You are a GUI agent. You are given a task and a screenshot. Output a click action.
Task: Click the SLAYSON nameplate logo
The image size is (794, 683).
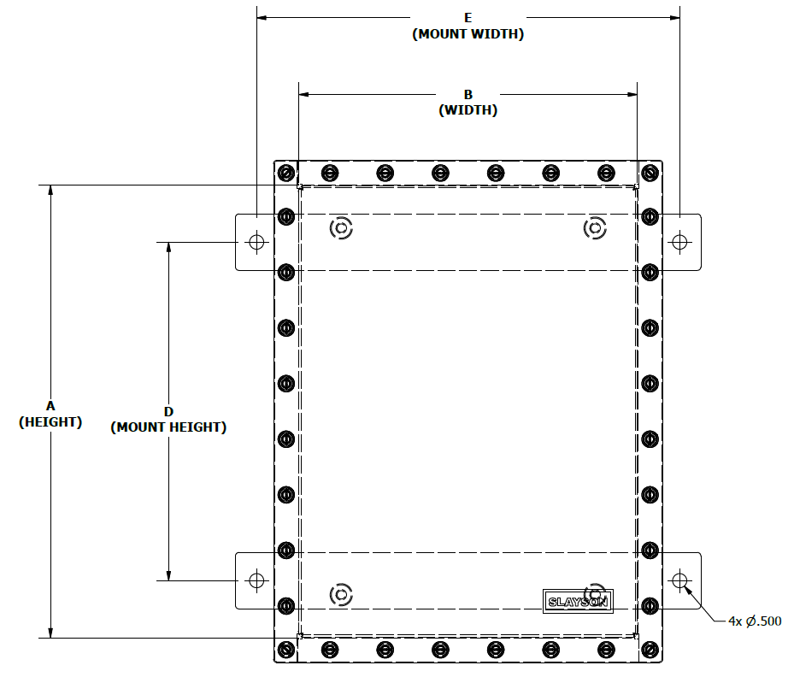(578, 601)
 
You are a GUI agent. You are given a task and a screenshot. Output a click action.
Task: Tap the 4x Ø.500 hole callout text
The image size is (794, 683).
(755, 621)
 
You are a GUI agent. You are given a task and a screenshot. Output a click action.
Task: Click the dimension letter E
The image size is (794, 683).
(468, 17)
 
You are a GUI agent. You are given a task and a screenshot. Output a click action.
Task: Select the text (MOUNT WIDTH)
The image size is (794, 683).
(468, 34)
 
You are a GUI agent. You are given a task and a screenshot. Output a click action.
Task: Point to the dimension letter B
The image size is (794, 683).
(468, 94)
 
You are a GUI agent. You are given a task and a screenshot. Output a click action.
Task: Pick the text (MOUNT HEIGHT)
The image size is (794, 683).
(168, 427)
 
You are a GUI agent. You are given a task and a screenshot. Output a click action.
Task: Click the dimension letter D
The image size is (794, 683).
(168, 411)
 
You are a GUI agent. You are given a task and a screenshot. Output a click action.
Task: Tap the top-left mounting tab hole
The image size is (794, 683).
(256, 241)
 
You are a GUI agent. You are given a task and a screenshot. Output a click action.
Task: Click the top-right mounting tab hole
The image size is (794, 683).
(679, 241)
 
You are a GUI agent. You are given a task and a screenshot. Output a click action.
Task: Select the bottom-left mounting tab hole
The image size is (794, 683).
(256, 580)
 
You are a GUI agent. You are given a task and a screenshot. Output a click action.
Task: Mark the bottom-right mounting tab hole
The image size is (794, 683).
(679, 580)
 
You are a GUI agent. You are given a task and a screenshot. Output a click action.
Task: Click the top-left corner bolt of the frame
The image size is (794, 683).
(286, 173)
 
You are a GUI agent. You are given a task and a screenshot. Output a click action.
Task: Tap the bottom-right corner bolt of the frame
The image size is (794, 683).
(650, 650)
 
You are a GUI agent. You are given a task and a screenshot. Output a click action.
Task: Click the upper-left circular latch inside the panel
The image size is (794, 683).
(341, 228)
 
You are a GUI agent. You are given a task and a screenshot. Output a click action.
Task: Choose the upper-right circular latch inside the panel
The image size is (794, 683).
(595, 228)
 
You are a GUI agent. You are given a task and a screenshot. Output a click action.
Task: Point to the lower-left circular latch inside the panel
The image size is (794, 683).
(341, 594)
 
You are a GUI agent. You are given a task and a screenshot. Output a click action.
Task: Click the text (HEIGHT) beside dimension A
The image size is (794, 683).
(50, 421)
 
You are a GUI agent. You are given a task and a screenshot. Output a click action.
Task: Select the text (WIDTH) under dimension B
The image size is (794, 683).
(468, 110)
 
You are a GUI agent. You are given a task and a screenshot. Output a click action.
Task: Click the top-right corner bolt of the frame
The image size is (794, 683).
(650, 173)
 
